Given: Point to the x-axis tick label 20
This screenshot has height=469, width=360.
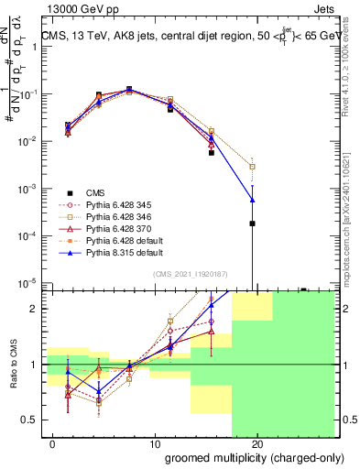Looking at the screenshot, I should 257,444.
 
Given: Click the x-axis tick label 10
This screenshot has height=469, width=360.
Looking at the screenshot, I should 155,444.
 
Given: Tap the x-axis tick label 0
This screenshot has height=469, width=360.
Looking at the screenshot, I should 53,444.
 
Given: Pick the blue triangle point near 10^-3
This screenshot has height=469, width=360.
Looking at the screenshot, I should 252,200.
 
